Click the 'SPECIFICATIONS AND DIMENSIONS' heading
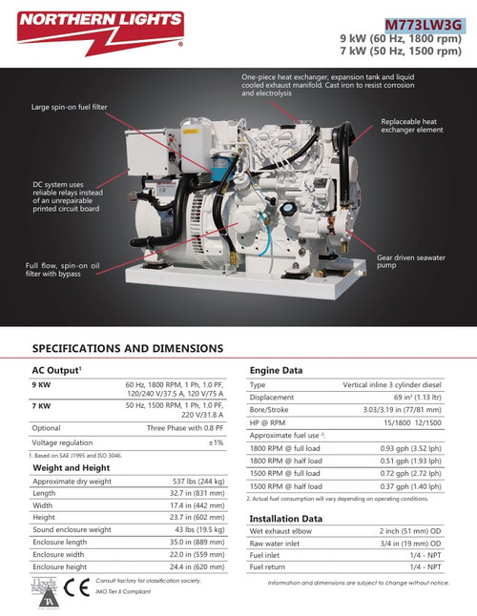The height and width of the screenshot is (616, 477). pos(128,349)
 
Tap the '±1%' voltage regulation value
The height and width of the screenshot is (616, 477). pos(216,442)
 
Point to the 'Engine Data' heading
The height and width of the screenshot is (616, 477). pos(276,369)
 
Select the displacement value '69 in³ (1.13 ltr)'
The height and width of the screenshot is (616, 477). pos(404,397)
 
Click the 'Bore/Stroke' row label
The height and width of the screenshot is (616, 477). pos(270,409)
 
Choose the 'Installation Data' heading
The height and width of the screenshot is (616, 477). pos(286,518)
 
